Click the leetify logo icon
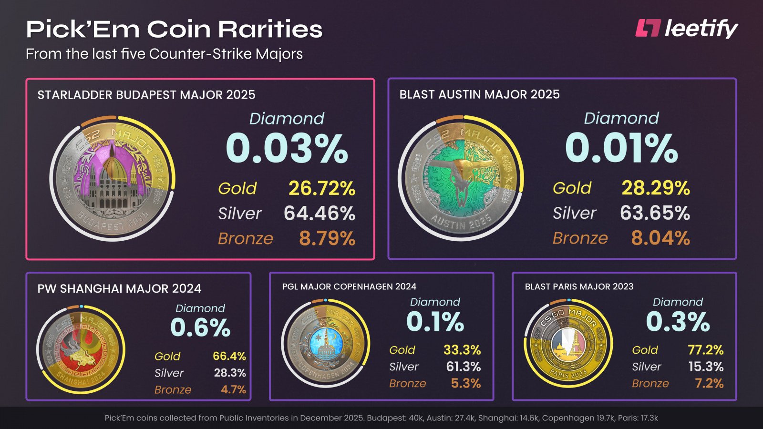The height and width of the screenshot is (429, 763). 648,28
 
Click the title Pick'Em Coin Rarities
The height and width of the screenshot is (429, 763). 174,29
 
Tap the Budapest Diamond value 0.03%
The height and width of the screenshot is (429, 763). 287,149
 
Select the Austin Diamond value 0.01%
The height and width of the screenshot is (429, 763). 621,149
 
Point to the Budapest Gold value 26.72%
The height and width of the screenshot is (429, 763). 321,188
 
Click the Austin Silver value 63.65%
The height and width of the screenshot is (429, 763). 655,213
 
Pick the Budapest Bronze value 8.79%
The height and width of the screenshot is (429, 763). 327,238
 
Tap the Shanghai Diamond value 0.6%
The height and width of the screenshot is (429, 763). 200,327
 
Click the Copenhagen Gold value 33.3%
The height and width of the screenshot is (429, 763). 462,350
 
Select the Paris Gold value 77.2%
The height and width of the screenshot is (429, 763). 705,350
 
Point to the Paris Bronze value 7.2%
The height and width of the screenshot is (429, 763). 709,383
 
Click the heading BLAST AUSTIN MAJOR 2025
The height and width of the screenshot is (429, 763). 479,94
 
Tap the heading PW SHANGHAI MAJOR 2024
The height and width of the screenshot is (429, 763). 119,288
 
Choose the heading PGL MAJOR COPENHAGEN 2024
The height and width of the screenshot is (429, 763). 349,286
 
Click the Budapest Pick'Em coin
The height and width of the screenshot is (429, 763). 113,179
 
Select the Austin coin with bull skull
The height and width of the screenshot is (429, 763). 460,179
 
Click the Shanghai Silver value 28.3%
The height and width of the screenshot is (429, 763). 230,373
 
